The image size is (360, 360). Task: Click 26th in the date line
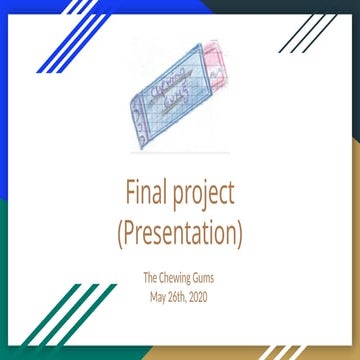click(x=181, y=296)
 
